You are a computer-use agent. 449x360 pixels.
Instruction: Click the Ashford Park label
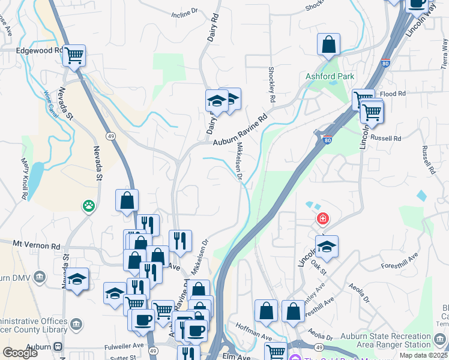(330, 76)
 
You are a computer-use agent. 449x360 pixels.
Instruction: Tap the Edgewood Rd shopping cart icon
(74, 55)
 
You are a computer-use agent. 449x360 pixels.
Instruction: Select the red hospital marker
(323, 218)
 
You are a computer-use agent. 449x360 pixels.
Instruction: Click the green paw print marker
(89, 206)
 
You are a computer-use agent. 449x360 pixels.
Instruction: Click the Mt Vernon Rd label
(37, 245)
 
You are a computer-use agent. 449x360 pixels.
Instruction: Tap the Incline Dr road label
(184, 12)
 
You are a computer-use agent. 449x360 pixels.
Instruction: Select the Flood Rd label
(393, 94)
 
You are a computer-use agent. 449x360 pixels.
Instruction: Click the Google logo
(20, 352)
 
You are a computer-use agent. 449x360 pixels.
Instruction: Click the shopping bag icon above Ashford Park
(328, 44)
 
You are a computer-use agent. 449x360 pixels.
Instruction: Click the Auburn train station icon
(58, 347)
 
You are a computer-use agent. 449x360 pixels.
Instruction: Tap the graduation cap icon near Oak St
(327, 246)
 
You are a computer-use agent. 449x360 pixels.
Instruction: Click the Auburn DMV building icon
(40, 277)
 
